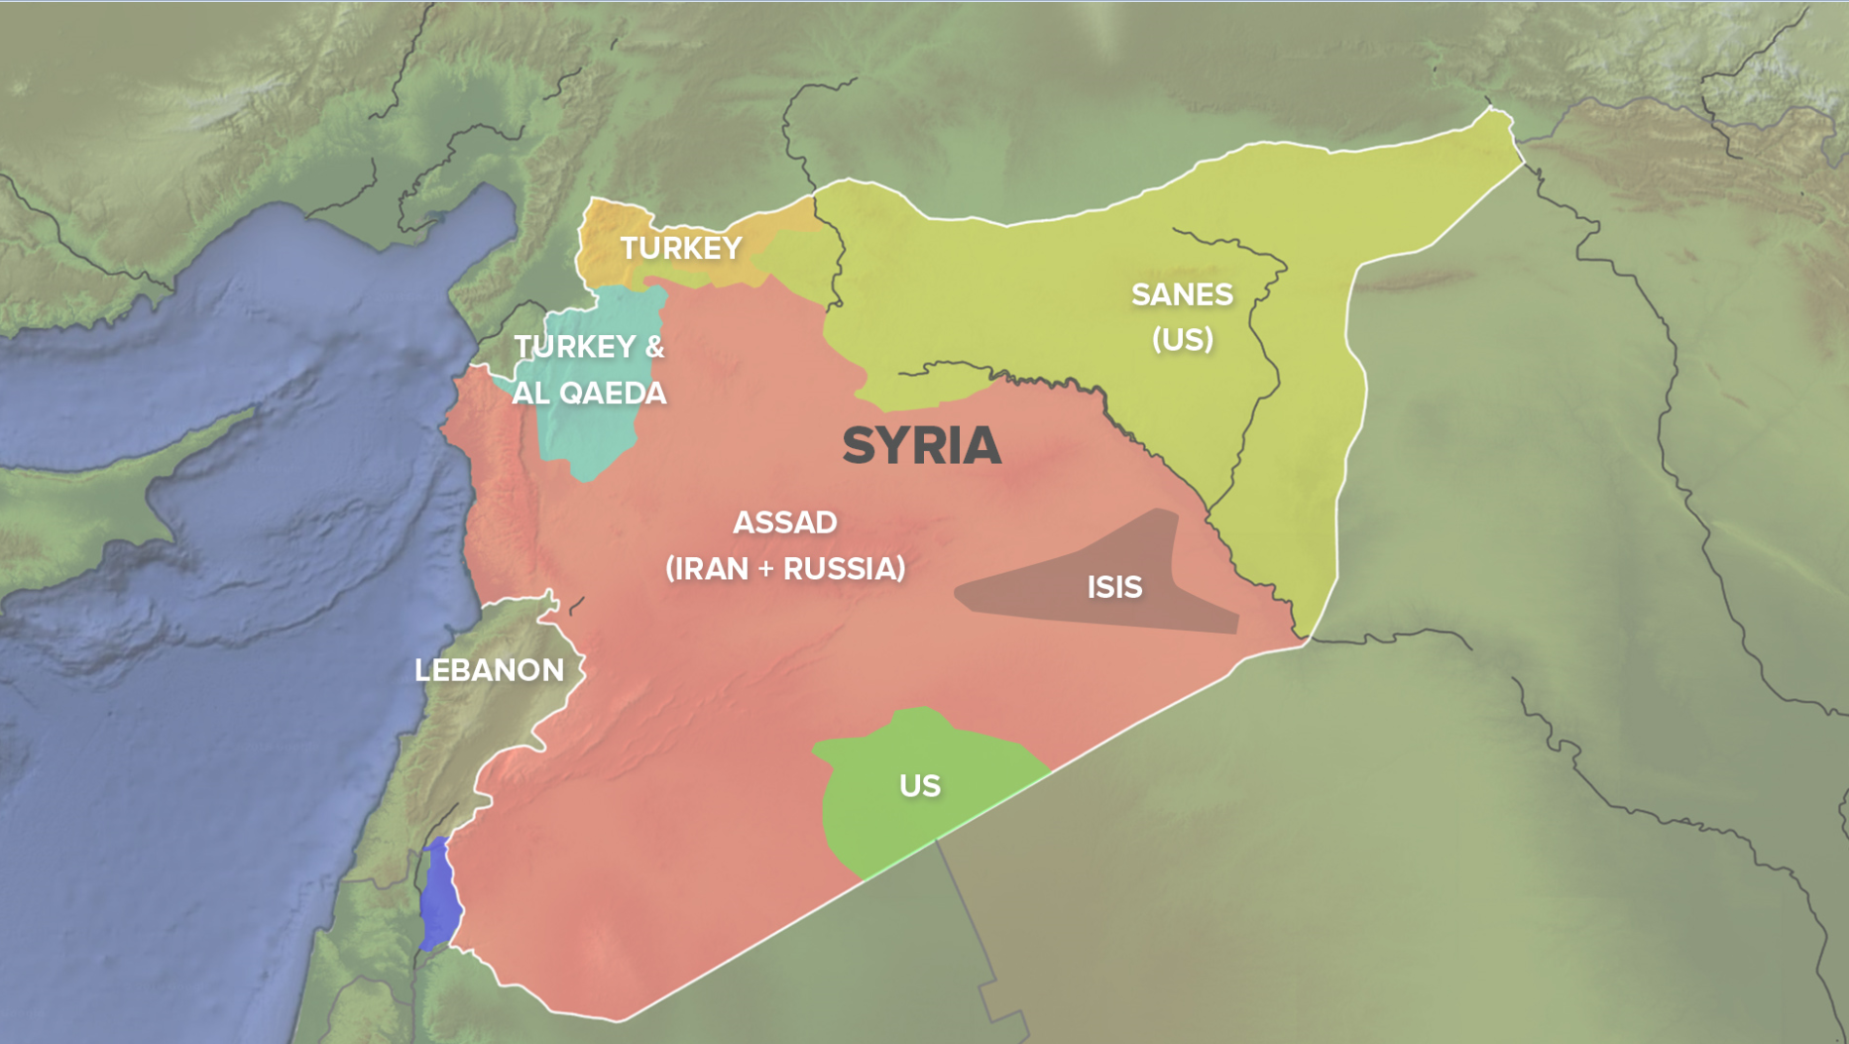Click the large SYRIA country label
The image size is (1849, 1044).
pyautogui.click(x=921, y=445)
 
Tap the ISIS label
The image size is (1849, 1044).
pyautogui.click(x=1114, y=587)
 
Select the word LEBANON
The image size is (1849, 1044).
pyautogui.click(x=489, y=670)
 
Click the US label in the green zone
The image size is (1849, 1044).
pyautogui.click(x=919, y=786)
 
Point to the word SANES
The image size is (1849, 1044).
pyautogui.click(x=1182, y=294)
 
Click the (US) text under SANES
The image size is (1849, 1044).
pyautogui.click(x=1182, y=339)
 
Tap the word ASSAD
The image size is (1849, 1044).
pyautogui.click(x=784, y=522)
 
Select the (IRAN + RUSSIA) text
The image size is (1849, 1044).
pyautogui.click(x=784, y=568)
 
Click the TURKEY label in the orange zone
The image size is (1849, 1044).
pyautogui.click(x=680, y=248)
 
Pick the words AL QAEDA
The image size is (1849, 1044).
pyautogui.click(x=589, y=394)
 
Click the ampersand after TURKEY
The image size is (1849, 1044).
pyautogui.click(x=653, y=347)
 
